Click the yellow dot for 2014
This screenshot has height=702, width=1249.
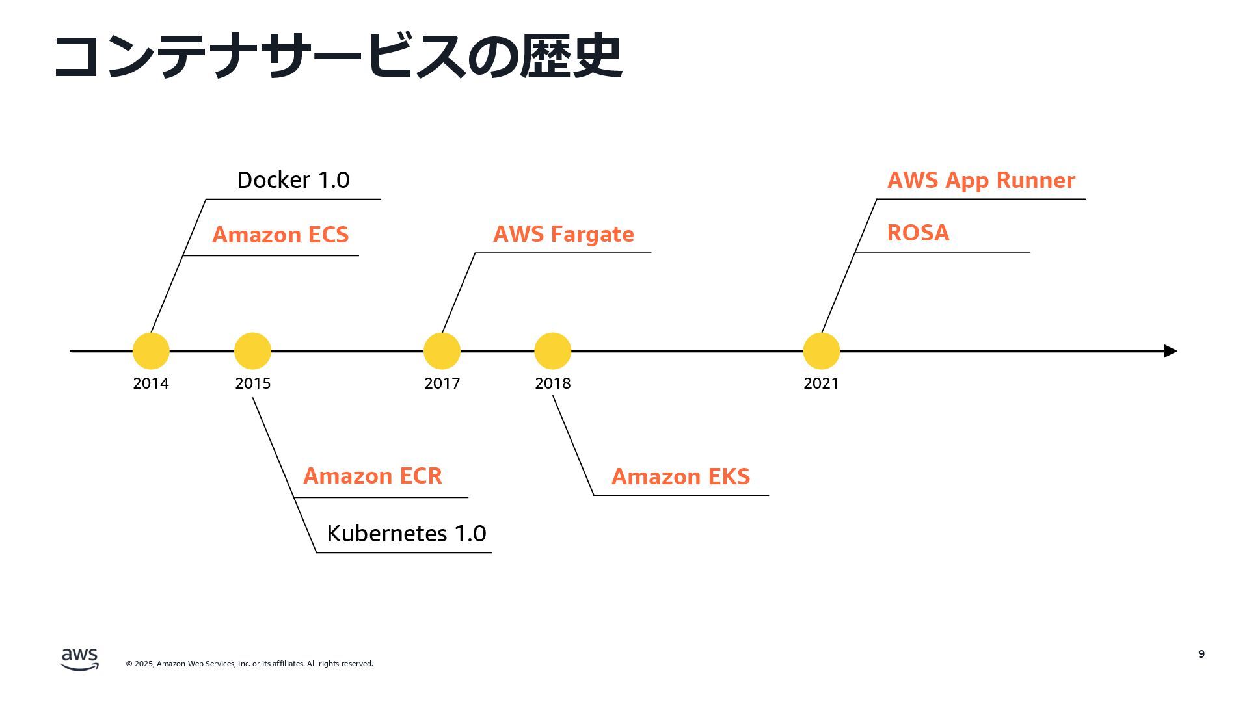click(x=151, y=351)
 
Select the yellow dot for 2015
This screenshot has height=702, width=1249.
click(x=252, y=351)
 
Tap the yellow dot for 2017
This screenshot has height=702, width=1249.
click(x=442, y=351)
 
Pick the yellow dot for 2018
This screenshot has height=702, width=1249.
click(x=552, y=351)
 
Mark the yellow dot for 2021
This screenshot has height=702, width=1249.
click(x=821, y=351)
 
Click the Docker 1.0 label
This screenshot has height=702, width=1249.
click(x=293, y=180)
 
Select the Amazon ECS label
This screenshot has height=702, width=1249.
click(x=280, y=235)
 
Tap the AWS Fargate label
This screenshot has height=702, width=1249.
click(x=563, y=235)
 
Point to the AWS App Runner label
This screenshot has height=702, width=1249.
click(x=981, y=181)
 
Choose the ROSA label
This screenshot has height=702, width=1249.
click(x=918, y=233)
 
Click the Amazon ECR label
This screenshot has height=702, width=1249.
click(x=373, y=476)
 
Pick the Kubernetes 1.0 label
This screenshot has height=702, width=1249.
click(x=407, y=534)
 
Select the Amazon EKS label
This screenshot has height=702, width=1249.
click(x=680, y=476)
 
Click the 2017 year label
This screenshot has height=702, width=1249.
click(x=442, y=383)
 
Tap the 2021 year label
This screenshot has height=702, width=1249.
click(x=821, y=383)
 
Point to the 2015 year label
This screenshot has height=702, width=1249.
click(x=253, y=383)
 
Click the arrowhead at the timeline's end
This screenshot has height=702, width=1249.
click(x=1171, y=351)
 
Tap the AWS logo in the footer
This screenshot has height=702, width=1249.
click(x=80, y=659)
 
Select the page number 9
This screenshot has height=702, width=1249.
click(x=1202, y=654)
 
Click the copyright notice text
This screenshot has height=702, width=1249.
click(x=250, y=664)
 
